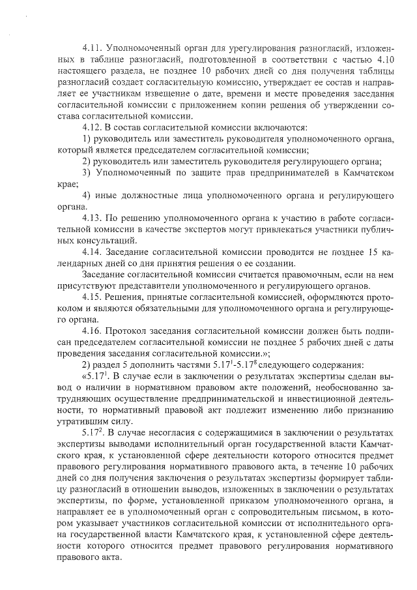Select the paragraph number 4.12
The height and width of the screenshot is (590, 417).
click(92, 126)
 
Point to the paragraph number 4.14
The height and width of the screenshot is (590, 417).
click(92, 252)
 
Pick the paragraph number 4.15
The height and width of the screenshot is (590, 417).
click(92, 297)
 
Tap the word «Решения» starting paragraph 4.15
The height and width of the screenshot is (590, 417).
click(130, 297)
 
